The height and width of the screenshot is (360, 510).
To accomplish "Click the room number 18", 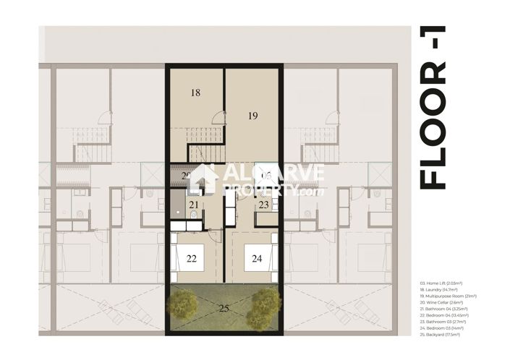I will pos(195,93).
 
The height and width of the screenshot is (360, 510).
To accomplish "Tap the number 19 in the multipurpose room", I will pos(252,115).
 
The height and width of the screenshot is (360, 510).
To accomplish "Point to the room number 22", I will pos(191,259).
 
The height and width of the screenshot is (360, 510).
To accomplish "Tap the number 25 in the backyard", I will pos(225,309).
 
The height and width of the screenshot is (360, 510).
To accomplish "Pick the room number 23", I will pos(264,205).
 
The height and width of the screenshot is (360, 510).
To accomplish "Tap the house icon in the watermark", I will pos(202,180).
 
